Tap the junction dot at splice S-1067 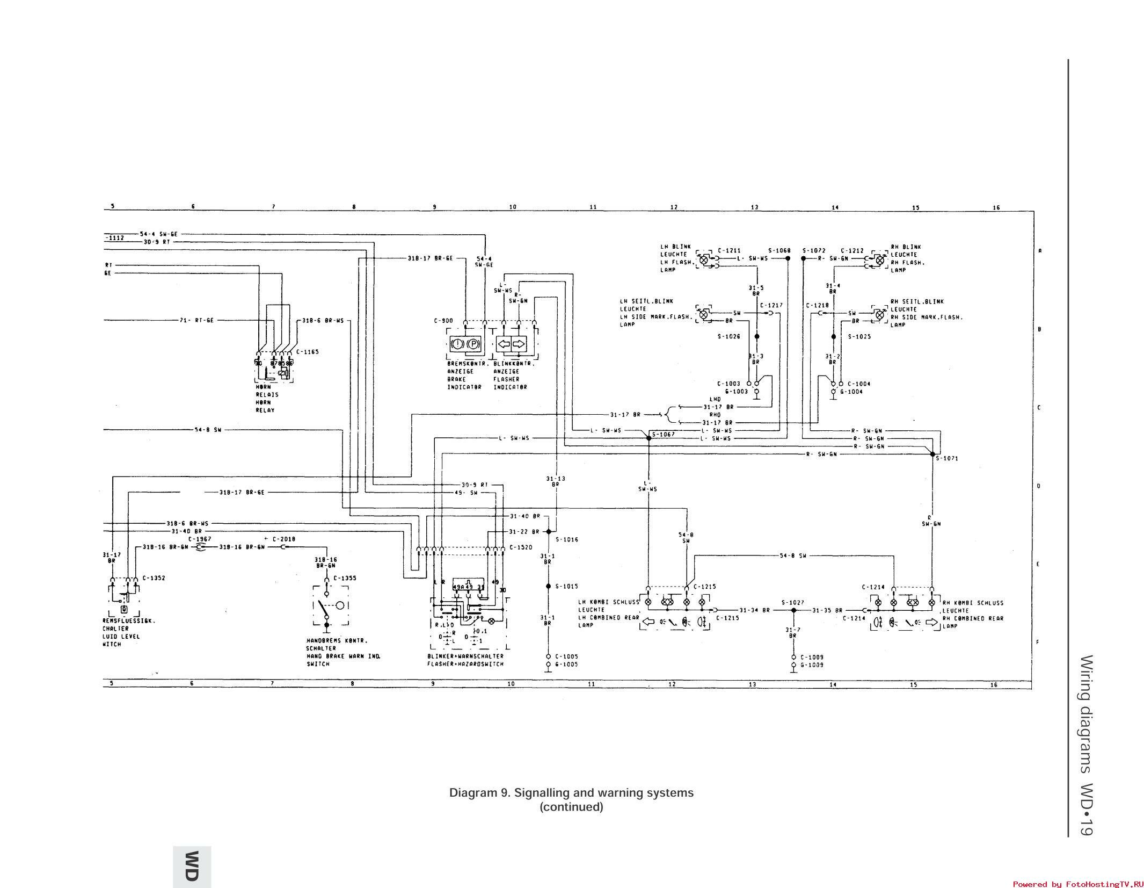click(648, 438)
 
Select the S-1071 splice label click(946, 458)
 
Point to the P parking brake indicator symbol click(473, 344)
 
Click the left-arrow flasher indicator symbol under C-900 click(504, 344)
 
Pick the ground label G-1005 click(566, 664)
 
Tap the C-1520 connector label click(520, 547)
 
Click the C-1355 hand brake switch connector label click(345, 578)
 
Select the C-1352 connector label click(154, 578)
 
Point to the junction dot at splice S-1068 click(788, 258)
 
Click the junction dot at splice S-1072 click(803, 258)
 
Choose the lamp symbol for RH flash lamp click(879, 259)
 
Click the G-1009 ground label click(812, 665)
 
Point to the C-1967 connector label click(200, 539)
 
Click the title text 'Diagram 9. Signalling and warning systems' click(571, 793)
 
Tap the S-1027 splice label click(793, 602)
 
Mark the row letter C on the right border click(1039, 408)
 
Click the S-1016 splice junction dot click(548, 531)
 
